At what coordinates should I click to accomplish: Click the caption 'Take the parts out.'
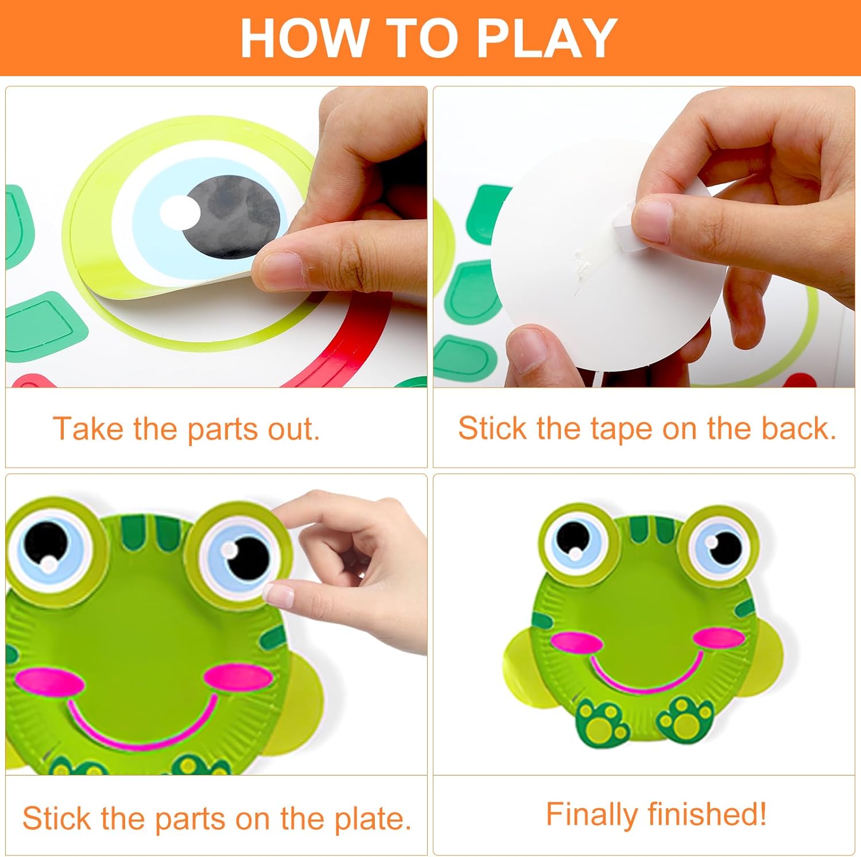pos(186,429)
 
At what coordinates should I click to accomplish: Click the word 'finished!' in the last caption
pos(708,814)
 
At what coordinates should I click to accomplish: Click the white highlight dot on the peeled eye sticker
pos(180,211)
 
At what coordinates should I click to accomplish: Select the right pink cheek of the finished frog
pos(719,637)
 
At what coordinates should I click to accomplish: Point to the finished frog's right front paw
pos(685,718)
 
